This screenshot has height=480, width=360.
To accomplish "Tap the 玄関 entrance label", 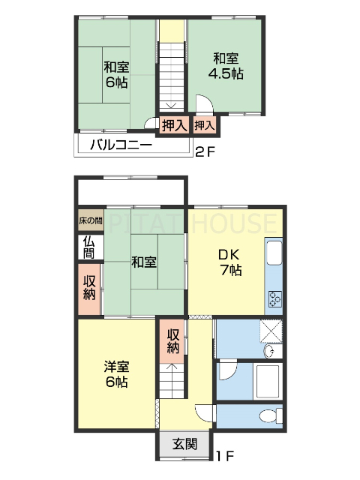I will click(185, 444).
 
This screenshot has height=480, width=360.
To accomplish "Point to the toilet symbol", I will click(265, 417).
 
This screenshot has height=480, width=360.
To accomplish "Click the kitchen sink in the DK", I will click(274, 253).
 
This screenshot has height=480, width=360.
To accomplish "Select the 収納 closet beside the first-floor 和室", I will click(89, 288).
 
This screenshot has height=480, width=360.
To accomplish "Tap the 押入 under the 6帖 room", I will click(174, 125).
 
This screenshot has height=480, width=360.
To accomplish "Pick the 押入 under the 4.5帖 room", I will click(205, 125).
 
